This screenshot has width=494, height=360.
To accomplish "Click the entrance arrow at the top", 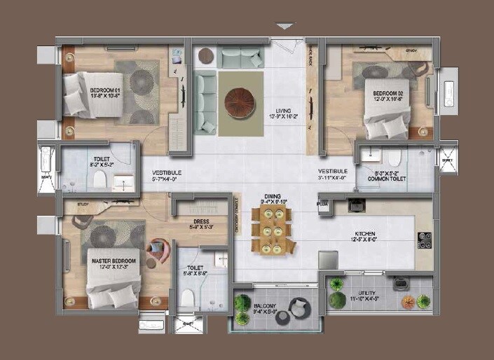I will pyautogui.click(x=284, y=27).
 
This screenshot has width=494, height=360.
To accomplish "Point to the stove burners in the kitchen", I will pyautogui.click(x=424, y=240).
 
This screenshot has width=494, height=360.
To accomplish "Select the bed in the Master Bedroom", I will pyautogui.click(x=109, y=287).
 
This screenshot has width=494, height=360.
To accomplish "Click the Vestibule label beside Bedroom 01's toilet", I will pyautogui.click(x=167, y=175).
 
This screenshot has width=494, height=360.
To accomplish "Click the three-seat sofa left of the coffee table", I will pyautogui.click(x=205, y=103).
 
